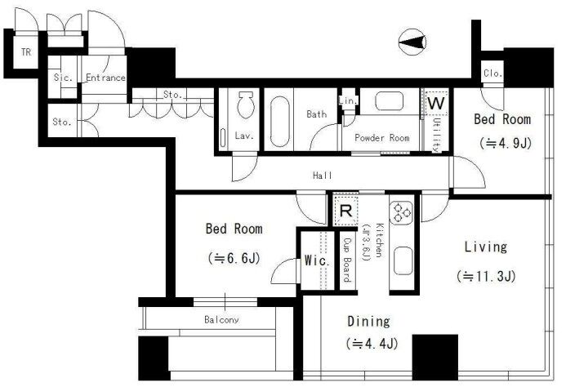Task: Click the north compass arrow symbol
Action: point(412,42)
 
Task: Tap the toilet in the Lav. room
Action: point(246,105)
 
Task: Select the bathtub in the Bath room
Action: point(280,122)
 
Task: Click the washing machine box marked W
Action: point(436,103)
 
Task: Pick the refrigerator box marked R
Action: point(345,211)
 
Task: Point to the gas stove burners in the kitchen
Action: point(401,212)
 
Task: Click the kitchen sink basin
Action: point(403,261)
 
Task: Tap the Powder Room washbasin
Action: point(389,100)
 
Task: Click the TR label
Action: point(26,52)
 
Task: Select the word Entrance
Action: point(105,78)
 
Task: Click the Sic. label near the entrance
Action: point(63,78)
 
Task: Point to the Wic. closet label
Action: point(317,260)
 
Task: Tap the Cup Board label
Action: point(347,260)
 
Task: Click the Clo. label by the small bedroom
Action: point(492,73)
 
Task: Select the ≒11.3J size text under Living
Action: point(486,277)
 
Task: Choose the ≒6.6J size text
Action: point(234,259)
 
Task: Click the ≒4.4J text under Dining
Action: point(372,343)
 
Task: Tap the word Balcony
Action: point(221,319)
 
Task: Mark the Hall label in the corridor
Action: point(323,176)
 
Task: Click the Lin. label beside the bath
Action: point(348,100)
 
